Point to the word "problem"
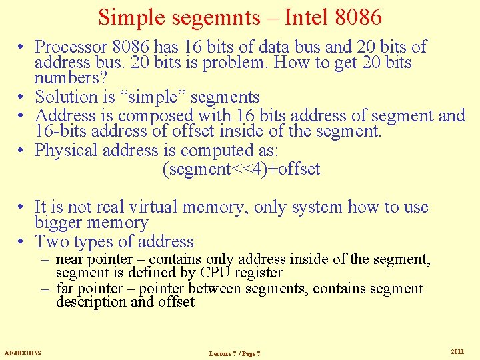point(212,63)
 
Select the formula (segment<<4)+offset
point(241,169)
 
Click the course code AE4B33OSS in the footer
point(23,352)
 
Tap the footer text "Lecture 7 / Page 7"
point(235,353)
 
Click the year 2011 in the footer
point(457,351)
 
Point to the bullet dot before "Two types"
point(22,242)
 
